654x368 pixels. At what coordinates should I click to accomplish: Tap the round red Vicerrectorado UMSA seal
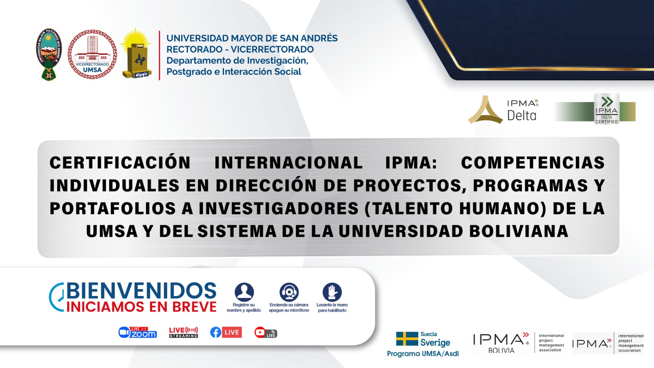point(92,54)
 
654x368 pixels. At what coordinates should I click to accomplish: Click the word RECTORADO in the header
point(194,49)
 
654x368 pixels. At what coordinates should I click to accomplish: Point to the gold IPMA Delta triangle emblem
point(485,110)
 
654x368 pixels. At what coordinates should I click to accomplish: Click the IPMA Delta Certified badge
point(607,109)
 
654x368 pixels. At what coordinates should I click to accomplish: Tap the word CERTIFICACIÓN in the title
point(120,163)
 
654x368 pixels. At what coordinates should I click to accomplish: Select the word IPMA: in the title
point(411,163)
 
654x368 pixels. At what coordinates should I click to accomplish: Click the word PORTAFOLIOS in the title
point(113,209)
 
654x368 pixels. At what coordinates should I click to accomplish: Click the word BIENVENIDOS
point(141,291)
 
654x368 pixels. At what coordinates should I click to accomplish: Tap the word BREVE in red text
point(195,307)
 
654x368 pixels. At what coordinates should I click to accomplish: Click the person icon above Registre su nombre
point(244,292)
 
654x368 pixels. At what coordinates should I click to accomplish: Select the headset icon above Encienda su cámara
point(289,292)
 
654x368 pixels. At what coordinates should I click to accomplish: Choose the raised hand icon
point(332,292)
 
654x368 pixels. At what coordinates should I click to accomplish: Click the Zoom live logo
point(138,332)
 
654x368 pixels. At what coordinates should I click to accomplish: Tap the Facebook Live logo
point(226,332)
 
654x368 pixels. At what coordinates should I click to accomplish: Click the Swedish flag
point(407,339)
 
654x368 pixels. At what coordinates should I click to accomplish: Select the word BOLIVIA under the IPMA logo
point(501,350)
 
